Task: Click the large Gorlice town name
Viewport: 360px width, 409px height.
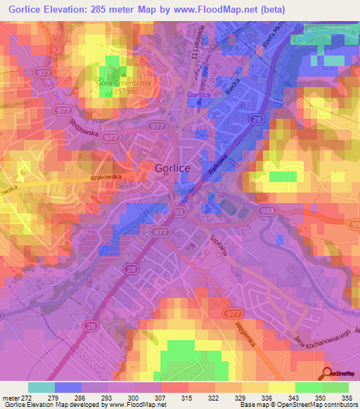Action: click(x=172, y=169)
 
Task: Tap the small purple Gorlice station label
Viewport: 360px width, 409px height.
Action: click(x=199, y=95)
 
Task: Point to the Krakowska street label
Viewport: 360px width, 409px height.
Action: click(x=108, y=178)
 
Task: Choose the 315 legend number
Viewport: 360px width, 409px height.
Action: click(x=186, y=398)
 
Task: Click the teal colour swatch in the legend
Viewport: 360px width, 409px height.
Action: click(x=41, y=387)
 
